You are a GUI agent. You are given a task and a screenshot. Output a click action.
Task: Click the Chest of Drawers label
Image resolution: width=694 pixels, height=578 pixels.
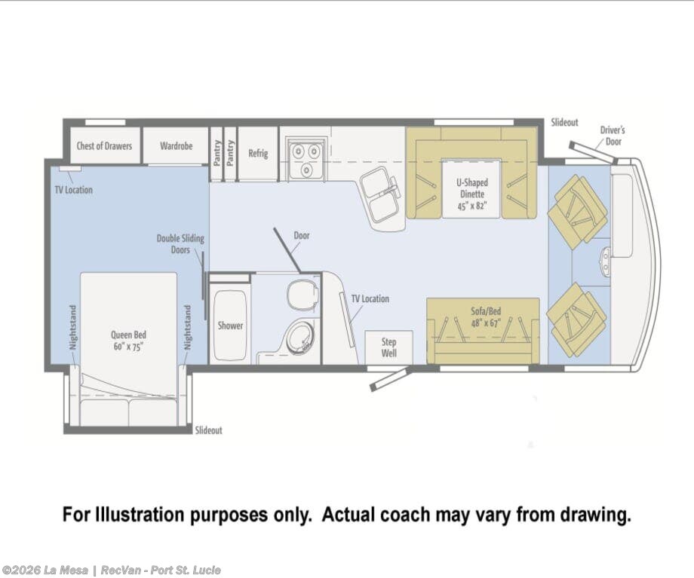coord(104,146)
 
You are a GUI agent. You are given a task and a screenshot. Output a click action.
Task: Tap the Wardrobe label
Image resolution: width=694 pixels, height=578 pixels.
coord(177,146)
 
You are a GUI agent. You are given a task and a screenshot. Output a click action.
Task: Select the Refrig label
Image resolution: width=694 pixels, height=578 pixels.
coord(258,154)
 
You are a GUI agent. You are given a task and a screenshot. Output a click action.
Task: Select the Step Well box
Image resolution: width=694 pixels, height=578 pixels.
coord(388,347)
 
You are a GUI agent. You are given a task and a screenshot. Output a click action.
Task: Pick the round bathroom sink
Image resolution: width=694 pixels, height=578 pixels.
coord(300,338)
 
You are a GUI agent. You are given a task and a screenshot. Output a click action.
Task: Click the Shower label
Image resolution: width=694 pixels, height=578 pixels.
coord(230,326)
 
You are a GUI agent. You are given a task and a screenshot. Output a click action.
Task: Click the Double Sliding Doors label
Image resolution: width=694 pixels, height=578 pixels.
coord(180,244)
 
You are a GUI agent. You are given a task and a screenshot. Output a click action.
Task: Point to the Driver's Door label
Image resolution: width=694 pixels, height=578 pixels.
coord(613,136)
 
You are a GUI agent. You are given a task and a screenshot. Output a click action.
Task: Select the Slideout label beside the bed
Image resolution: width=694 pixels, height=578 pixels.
coord(208,430)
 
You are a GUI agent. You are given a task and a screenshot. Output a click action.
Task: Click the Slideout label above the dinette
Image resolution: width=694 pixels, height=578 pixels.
coord(564,123)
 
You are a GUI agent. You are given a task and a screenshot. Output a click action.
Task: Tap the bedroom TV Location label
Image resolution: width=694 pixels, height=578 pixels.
coord(73,190)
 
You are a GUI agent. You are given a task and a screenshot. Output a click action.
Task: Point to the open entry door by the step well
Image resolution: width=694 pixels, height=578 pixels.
coord(388,380)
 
